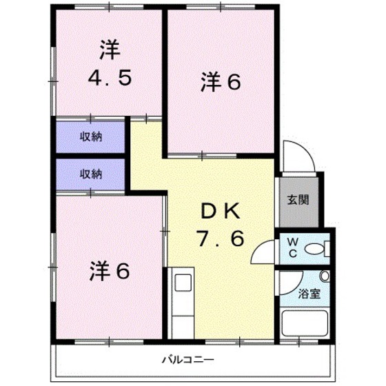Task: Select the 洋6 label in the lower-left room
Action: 109,272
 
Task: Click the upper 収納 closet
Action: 90,136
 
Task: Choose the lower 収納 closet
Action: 90,174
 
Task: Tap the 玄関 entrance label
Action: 298,201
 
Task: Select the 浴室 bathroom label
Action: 308,294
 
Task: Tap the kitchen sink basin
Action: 183,283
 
